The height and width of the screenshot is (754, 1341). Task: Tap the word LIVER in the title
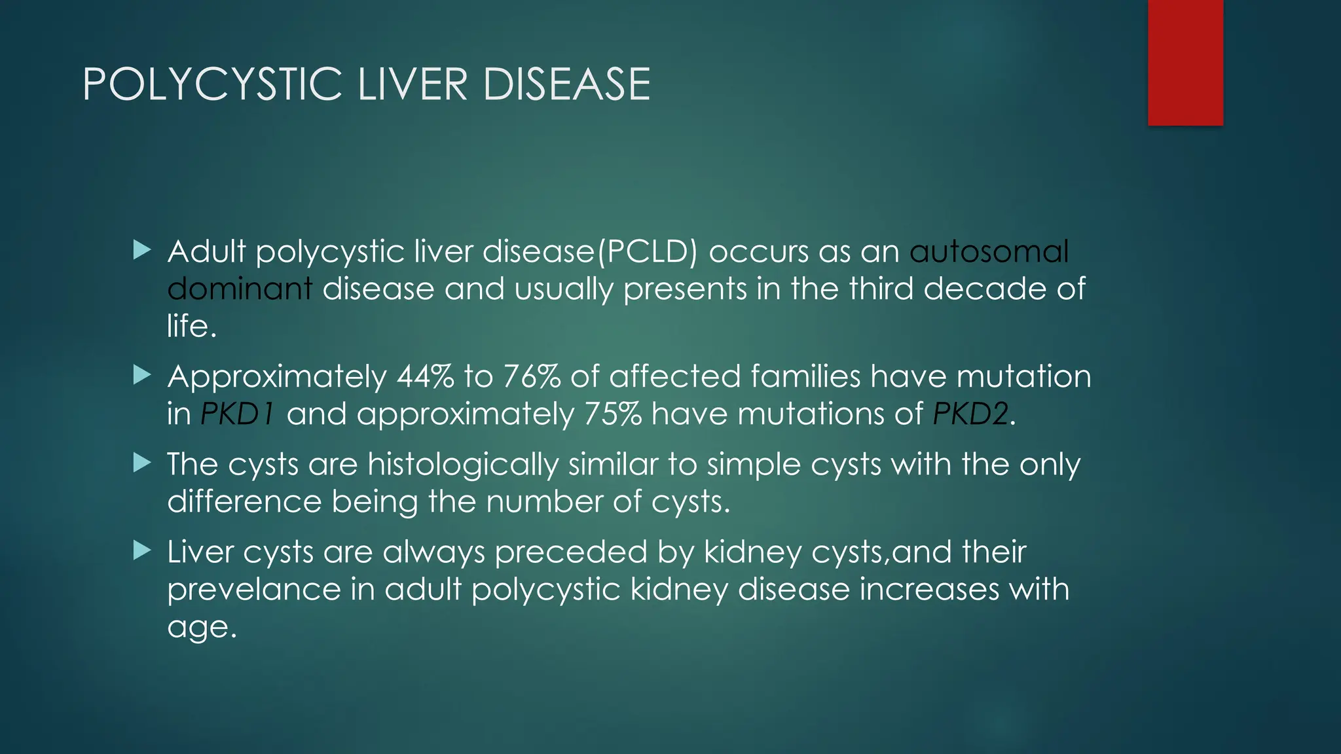coord(413,84)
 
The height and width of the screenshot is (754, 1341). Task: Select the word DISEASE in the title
coord(566,84)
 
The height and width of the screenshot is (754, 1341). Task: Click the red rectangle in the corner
coord(1185,62)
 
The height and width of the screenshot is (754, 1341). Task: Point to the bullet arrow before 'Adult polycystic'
coord(142,249)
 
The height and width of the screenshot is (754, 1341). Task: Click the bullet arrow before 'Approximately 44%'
coord(142,375)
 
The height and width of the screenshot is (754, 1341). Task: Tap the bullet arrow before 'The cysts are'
coord(142,463)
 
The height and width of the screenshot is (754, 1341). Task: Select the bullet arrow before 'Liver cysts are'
coord(142,550)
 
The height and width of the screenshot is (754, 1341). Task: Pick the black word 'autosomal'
coord(989,252)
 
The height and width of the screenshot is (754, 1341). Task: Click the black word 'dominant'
coord(240,289)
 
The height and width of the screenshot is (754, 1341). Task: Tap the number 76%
coord(532,377)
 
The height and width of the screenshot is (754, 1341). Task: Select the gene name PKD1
coord(237,414)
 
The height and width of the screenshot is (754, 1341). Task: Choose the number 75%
coord(613,414)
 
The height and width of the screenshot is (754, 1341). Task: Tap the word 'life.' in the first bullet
coord(191,326)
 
